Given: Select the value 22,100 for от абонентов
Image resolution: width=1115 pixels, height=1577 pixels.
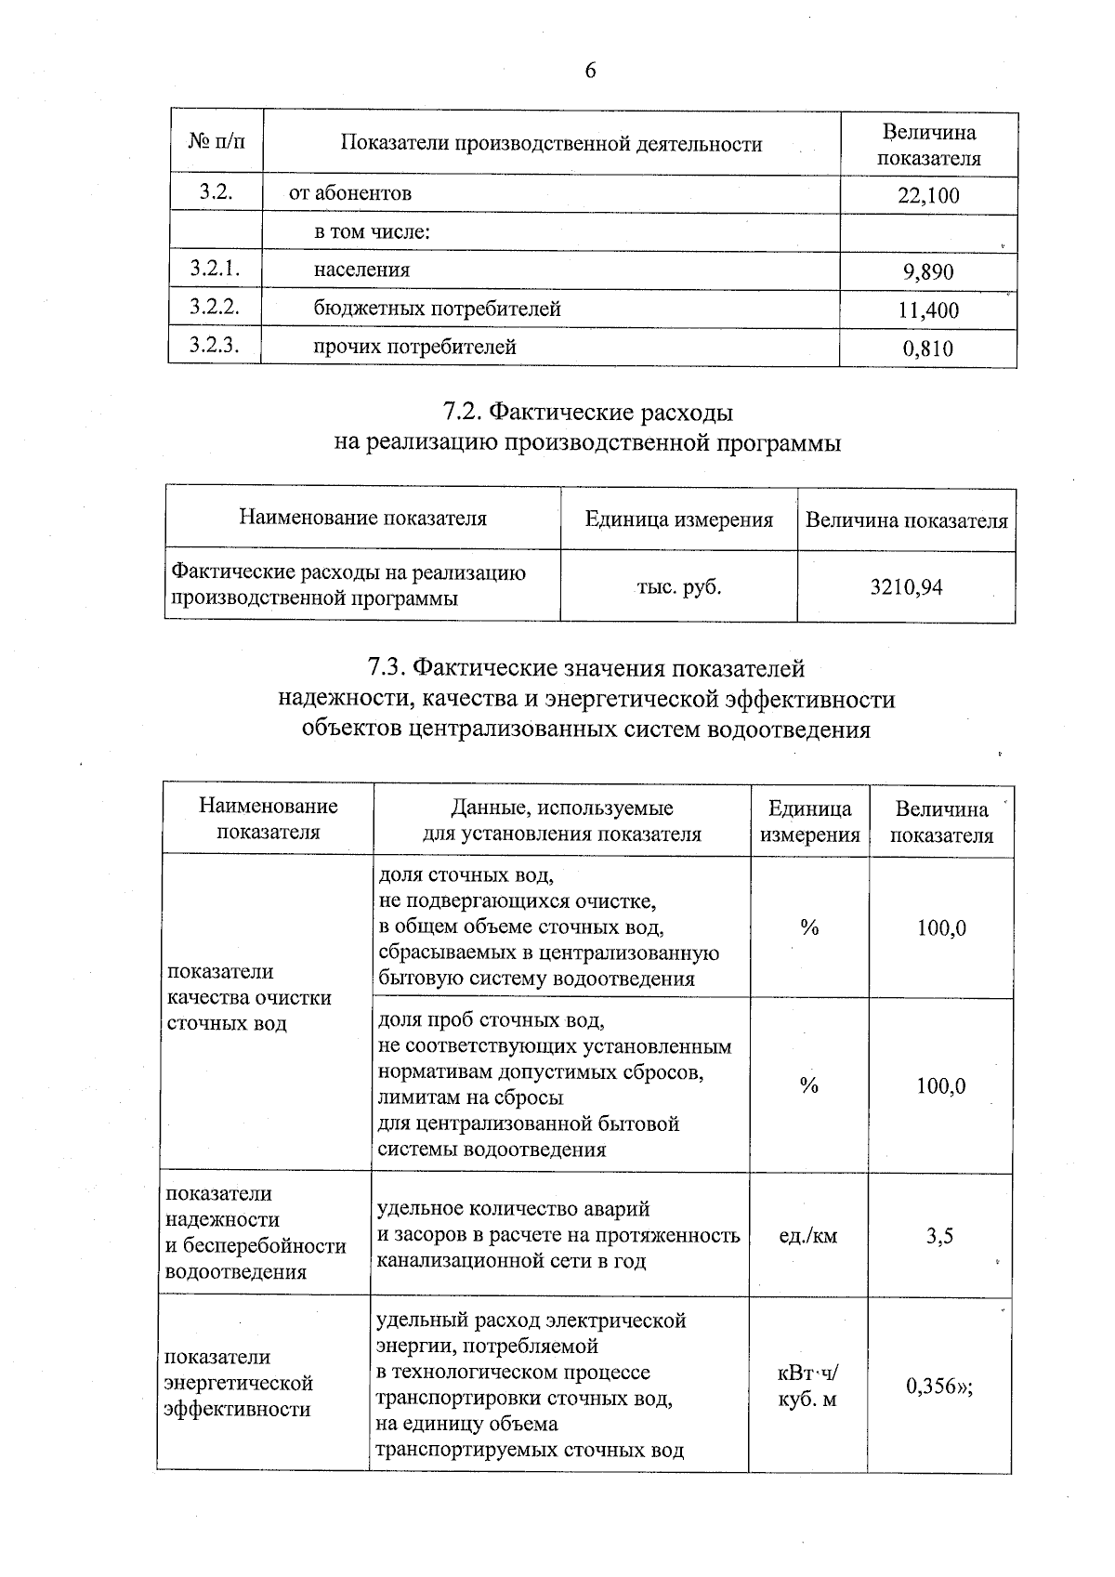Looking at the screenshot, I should (x=928, y=195).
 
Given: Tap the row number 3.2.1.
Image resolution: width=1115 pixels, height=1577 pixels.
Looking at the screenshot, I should (x=215, y=269).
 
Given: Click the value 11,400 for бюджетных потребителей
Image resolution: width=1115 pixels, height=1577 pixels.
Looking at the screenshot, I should (x=928, y=310).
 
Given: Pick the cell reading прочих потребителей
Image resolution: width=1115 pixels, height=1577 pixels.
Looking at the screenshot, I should (x=414, y=348).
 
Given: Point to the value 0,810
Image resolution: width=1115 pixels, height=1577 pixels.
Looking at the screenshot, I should (x=928, y=349).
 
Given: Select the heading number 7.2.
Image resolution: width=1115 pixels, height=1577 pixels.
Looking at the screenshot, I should (x=462, y=411).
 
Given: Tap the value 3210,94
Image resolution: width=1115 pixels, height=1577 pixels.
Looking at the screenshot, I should (x=906, y=587).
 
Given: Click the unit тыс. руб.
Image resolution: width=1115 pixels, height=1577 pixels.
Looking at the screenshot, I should (x=678, y=587).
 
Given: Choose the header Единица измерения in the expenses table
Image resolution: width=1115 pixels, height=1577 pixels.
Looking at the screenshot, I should (x=678, y=519).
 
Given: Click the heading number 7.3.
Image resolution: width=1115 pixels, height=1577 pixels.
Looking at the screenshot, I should (x=387, y=667).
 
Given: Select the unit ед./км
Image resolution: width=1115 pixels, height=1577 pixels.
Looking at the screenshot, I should (x=808, y=1236).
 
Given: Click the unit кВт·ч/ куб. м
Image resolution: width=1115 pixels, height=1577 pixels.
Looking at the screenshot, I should (x=808, y=1385).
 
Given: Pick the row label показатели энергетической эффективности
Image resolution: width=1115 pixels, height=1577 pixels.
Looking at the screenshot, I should (x=239, y=1383).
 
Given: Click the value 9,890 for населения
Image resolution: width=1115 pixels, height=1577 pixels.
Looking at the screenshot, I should (x=928, y=272).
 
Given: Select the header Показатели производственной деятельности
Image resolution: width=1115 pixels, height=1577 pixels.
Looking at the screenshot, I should (x=551, y=143).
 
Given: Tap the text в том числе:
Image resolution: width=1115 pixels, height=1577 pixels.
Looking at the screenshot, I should (x=372, y=231).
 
